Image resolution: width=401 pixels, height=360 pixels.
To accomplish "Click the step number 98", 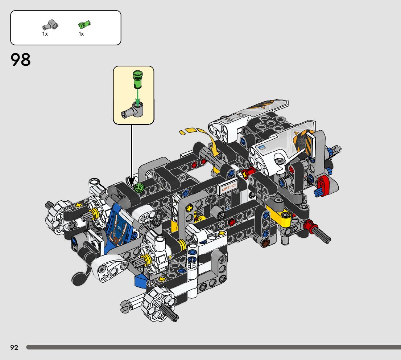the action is (x=20, y=60).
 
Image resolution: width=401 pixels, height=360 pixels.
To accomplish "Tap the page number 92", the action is (x=15, y=347).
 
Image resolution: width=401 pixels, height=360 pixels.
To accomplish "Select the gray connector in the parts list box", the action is (x=50, y=25).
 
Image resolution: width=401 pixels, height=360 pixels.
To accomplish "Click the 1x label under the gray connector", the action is (x=45, y=34).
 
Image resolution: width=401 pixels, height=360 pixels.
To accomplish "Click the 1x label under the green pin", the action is (x=81, y=34).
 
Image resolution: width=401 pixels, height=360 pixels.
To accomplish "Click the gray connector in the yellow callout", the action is (x=133, y=110).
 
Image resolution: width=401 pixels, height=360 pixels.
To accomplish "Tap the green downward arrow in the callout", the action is (x=138, y=97).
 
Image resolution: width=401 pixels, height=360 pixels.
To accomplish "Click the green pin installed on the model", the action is (x=139, y=188).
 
